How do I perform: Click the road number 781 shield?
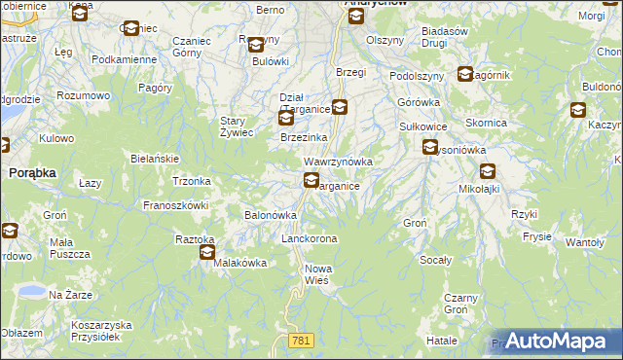click(301, 339)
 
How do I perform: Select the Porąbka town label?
click(31, 171)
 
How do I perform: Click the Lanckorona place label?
click(309, 238)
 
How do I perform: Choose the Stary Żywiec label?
click(237, 126)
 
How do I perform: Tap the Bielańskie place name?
click(154, 158)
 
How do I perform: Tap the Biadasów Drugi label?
click(447, 36)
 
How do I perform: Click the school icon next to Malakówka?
click(207, 253)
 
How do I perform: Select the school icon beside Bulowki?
click(256, 45)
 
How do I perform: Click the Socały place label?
click(436, 260)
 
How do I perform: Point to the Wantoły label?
click(585, 241)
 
